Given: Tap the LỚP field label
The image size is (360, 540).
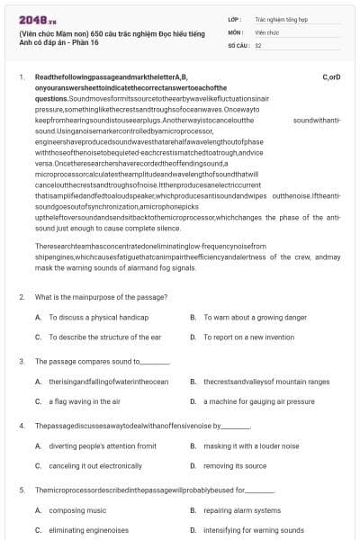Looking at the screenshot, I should pyautogui.click(x=235, y=18).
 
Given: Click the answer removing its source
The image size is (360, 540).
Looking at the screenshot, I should pyautogui.click(x=234, y=465).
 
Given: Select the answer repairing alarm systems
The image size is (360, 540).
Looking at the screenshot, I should pyautogui.click(x=242, y=510).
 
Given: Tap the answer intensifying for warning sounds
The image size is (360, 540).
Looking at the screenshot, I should pyautogui.click(x=253, y=530).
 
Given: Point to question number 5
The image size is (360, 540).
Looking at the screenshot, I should pyautogui.click(x=22, y=490).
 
